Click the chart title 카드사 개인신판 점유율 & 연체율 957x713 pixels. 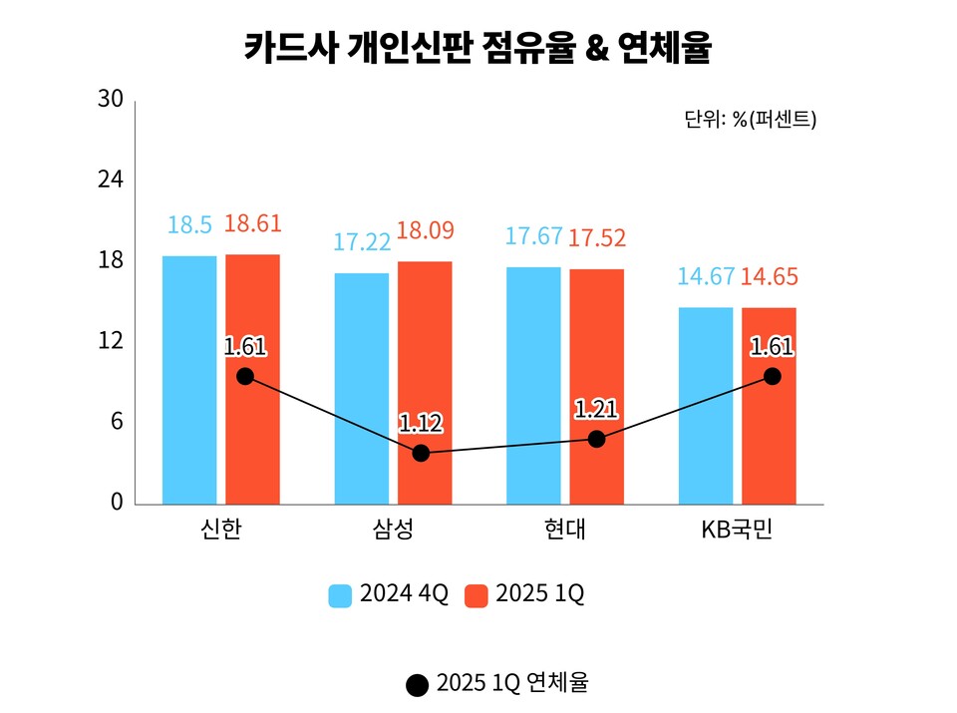tap(478, 47)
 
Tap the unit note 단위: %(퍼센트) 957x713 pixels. tap(750, 119)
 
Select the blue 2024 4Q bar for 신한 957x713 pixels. tap(189, 379)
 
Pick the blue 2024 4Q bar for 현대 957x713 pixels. tap(533, 385)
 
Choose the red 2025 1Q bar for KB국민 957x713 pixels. tap(770, 405)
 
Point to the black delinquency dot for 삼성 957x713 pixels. tap(421, 453)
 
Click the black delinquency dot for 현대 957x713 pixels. tap(596, 439)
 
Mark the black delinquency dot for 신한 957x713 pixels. tap(245, 376)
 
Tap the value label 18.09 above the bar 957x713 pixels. tap(425, 231)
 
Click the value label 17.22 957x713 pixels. tap(361, 242)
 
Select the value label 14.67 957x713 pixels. tap(706, 276)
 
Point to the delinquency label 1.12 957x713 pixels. tap(421, 423)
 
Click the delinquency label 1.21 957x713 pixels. tap(596, 409)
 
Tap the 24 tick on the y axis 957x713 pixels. tap(111, 180)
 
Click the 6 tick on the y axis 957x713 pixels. tap(116, 422)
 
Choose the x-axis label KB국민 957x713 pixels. tap(738, 530)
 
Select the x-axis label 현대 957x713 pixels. tap(565, 530)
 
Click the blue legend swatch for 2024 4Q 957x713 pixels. tap(341, 595)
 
